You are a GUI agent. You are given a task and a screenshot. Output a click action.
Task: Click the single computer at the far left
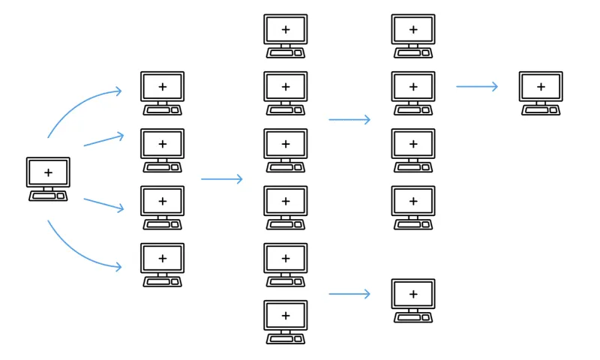(48, 178)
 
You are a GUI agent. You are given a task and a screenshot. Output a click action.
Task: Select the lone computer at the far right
(541, 93)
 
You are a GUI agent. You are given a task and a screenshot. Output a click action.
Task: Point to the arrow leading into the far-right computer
(477, 87)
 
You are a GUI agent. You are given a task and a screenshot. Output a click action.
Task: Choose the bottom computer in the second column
(162, 264)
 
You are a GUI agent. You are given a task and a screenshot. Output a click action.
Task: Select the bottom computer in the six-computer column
(285, 322)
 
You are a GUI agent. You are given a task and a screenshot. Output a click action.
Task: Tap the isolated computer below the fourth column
(412, 300)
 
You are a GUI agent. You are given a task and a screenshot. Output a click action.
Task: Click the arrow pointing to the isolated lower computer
(349, 294)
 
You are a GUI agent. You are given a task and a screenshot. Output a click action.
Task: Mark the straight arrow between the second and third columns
(222, 179)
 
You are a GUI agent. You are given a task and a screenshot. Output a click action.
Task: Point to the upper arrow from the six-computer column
(349, 119)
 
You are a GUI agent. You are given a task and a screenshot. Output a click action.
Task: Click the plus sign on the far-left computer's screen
(48, 172)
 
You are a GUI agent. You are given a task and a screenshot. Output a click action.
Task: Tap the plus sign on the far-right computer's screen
(541, 87)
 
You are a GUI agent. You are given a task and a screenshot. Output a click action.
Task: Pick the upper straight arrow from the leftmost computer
(103, 139)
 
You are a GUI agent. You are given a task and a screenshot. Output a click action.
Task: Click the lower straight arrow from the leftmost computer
(103, 205)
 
